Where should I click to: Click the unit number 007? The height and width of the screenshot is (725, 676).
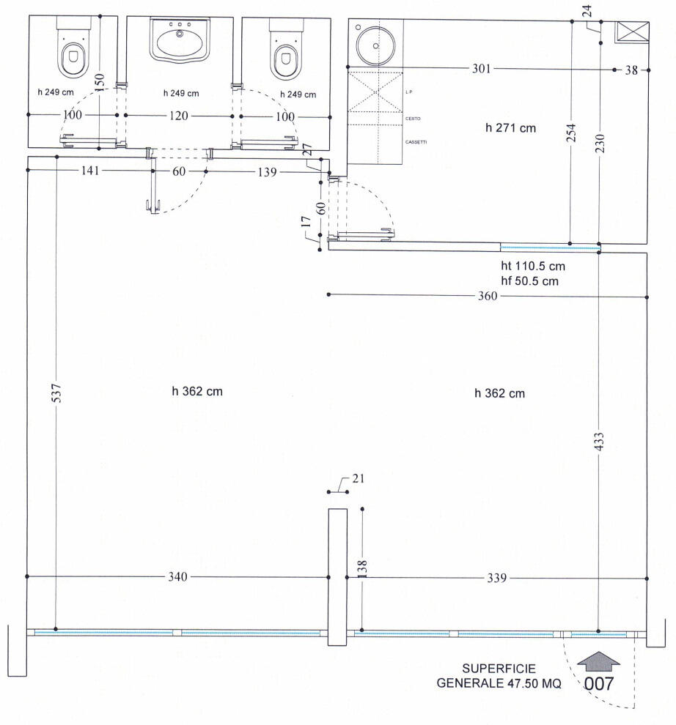598,684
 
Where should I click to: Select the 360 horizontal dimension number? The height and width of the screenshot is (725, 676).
487,296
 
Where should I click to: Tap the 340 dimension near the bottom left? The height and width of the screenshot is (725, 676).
178,577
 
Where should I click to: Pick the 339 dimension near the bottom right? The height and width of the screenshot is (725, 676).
498,577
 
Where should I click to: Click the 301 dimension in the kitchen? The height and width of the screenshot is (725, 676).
480,69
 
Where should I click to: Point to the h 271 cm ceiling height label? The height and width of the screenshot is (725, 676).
510,128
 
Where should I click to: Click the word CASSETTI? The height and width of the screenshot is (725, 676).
416,142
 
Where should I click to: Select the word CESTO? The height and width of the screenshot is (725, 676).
412,118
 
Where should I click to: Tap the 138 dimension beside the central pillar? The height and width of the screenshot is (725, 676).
362,569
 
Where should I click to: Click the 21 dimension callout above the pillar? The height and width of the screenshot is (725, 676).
358,479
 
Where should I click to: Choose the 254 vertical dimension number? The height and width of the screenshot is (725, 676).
571,133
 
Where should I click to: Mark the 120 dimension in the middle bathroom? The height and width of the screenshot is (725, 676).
180,116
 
